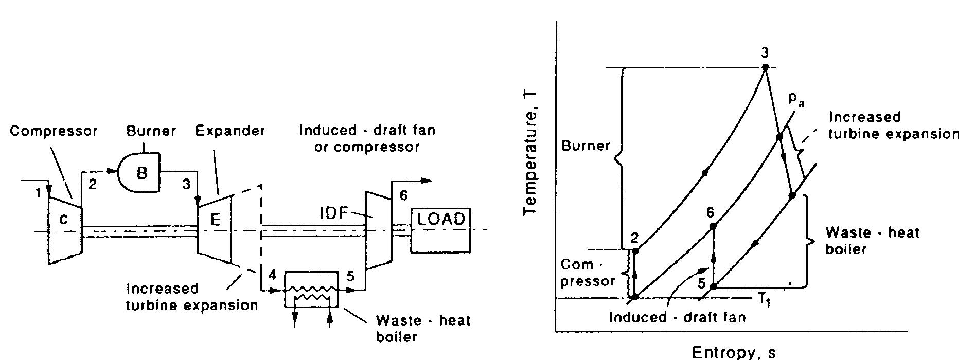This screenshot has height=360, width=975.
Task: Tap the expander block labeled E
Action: pyautogui.click(x=215, y=221)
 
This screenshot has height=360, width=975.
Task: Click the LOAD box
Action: pyautogui.click(x=440, y=230)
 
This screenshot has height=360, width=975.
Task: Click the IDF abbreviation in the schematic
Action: pyautogui.click(x=334, y=212)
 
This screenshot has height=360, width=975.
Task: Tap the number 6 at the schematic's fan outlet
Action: pyautogui.click(x=403, y=195)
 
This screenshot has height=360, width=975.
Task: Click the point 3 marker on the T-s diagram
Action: pyautogui.click(x=765, y=67)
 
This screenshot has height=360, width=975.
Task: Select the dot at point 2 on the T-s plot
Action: pyautogui.click(x=635, y=250)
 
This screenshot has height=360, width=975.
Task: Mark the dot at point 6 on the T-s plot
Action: pyautogui.click(x=712, y=226)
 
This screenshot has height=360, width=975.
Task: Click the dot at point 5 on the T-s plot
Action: pyautogui.click(x=713, y=286)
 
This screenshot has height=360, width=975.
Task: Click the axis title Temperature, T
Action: pyautogui.click(x=530, y=153)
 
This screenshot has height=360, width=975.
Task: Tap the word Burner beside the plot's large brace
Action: pyautogui.click(x=586, y=146)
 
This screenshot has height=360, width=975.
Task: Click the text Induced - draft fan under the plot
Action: pyautogui.click(x=677, y=317)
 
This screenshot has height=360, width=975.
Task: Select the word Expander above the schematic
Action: pyautogui.click(x=230, y=131)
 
